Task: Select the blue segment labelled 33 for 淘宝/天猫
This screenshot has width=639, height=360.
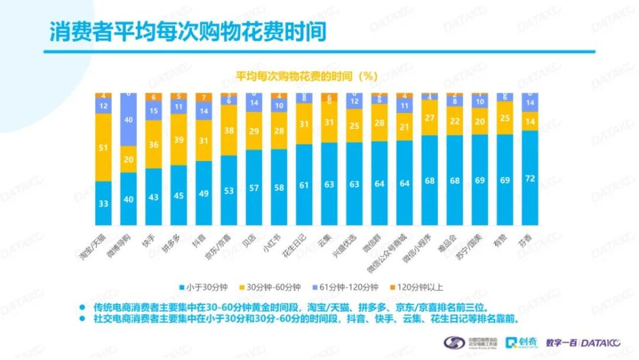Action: [103, 204]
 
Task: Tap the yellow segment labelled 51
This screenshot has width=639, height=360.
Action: [103, 148]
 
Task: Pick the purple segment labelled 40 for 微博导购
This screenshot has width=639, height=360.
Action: [128, 120]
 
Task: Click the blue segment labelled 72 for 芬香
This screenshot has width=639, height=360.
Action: [530, 178]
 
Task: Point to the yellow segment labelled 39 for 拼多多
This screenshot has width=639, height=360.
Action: [179, 140]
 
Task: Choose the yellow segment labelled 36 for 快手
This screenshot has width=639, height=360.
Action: [153, 145]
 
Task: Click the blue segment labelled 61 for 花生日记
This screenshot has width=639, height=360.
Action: [304, 185]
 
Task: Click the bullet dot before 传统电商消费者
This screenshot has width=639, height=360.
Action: [81, 306]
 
